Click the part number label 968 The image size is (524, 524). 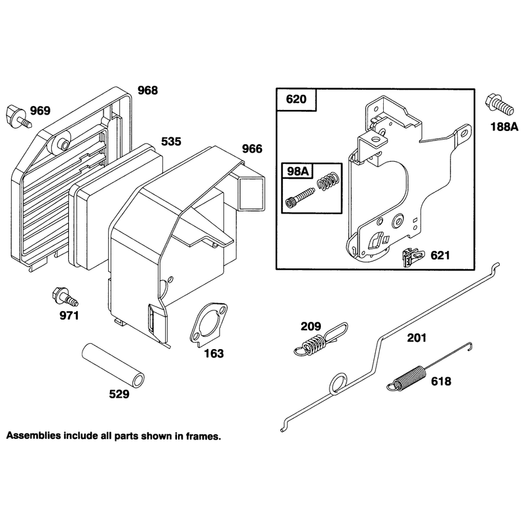point(148,90)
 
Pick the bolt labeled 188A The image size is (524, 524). point(498,105)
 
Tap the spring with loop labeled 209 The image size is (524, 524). point(321,339)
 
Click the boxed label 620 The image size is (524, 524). point(296,100)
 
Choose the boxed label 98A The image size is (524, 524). point(298,172)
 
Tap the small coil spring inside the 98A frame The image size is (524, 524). point(329,181)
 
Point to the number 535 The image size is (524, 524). point(171,141)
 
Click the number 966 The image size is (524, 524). point(252,149)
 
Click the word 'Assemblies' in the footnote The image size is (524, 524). point(34,436)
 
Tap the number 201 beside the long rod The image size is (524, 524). point(417,338)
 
